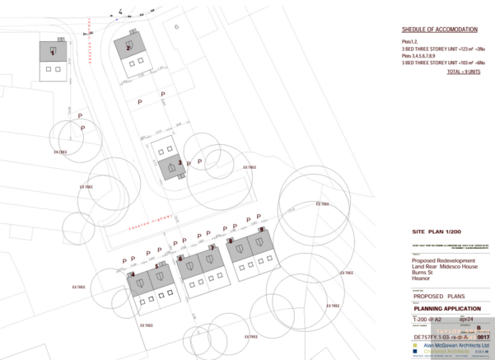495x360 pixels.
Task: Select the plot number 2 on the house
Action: [x=128, y=49]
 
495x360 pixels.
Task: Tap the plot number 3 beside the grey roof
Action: [x=180, y=162]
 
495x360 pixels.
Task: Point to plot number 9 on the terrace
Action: [x=261, y=231]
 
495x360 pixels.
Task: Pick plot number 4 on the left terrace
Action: [x=133, y=274]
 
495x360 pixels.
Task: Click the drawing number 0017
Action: [x=483, y=337]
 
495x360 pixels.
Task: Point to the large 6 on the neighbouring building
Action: [x=176, y=27]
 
